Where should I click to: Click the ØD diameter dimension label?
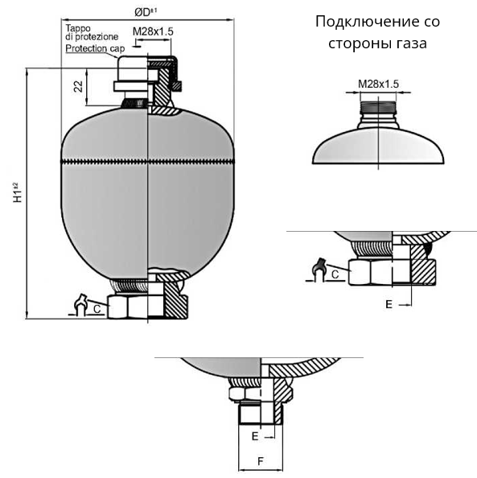tap(146, 12)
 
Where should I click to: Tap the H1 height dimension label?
tap(18, 192)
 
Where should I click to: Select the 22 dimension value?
tap(78, 86)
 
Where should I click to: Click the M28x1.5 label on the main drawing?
tap(153, 31)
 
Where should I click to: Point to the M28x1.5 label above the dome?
tap(378, 84)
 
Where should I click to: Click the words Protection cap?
tap(95, 48)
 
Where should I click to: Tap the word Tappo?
tap(78, 28)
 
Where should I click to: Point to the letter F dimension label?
tap(261, 461)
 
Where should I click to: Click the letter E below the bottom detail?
tap(255, 436)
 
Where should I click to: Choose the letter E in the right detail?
tap(389, 304)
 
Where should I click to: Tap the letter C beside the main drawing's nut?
tap(97, 309)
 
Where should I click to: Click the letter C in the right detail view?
tap(335, 274)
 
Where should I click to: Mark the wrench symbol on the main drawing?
tap(81, 305)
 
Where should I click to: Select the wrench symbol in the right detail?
tap(319, 270)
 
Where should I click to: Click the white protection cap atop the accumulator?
tap(132, 74)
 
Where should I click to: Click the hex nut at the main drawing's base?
tap(147, 307)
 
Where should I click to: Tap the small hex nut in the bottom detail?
tap(245, 394)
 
